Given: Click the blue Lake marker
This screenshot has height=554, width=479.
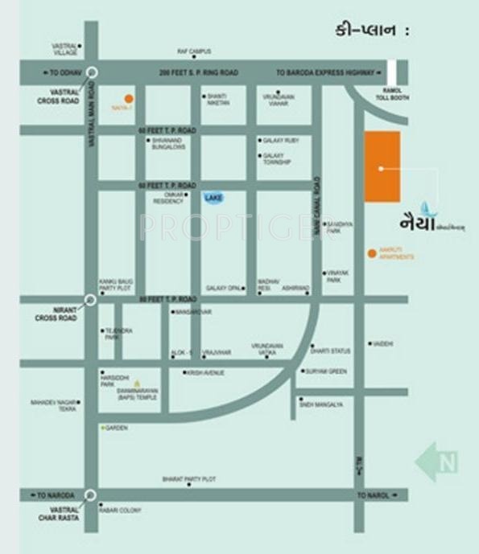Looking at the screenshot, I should pos(213,198).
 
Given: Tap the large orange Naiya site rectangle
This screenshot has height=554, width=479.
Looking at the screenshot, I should pos(382,166).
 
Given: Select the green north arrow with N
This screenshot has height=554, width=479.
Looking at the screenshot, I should pos(436,462).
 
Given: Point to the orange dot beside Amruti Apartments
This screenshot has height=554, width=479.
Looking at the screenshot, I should pos(371,253).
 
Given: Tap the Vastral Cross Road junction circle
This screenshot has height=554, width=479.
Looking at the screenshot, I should pos(92,72).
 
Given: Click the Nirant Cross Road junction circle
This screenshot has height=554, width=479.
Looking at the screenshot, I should pos(91,300).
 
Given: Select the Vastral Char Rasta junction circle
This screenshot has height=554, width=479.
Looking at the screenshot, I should pos(91,495).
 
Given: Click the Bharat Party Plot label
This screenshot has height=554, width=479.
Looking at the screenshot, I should pos(189,479).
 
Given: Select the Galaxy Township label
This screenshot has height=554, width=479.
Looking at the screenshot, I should pos(276,158).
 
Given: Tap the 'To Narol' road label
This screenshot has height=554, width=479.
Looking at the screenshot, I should pos(373,495).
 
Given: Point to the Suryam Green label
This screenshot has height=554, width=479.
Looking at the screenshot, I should pos(326,371).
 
